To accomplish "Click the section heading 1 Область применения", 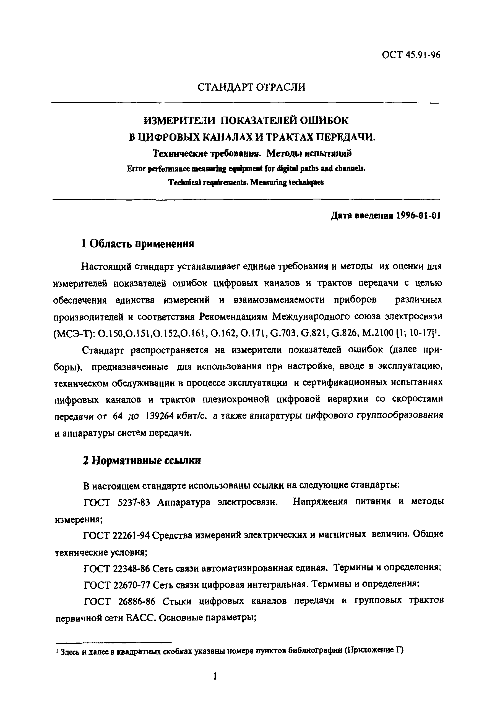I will [137, 244].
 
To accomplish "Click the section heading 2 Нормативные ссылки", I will [142, 461].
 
